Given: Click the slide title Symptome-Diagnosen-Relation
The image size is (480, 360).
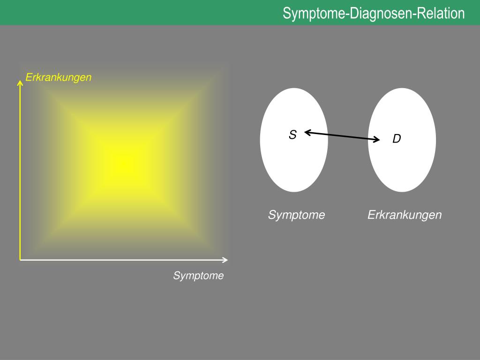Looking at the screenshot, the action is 374,13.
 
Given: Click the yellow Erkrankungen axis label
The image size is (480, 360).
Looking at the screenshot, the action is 58,77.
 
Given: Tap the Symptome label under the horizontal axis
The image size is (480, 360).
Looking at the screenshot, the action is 198,276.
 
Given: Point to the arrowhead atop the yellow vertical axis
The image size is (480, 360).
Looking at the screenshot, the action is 20,83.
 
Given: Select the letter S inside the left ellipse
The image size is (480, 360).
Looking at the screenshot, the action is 292,135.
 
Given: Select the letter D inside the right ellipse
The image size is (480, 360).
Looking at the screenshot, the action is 397,139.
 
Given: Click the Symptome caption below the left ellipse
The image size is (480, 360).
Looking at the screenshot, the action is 296,215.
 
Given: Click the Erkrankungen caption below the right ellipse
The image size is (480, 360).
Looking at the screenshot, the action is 405,215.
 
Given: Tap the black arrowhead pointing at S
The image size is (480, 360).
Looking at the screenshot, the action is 307,133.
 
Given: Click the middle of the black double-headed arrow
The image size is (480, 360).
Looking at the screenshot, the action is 342,136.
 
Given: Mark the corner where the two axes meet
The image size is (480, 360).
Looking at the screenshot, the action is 21,259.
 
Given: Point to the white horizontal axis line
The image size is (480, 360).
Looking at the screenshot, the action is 122,260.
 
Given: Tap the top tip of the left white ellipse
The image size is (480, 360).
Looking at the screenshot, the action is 294,89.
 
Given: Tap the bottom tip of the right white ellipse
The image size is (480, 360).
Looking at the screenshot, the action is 402,191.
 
